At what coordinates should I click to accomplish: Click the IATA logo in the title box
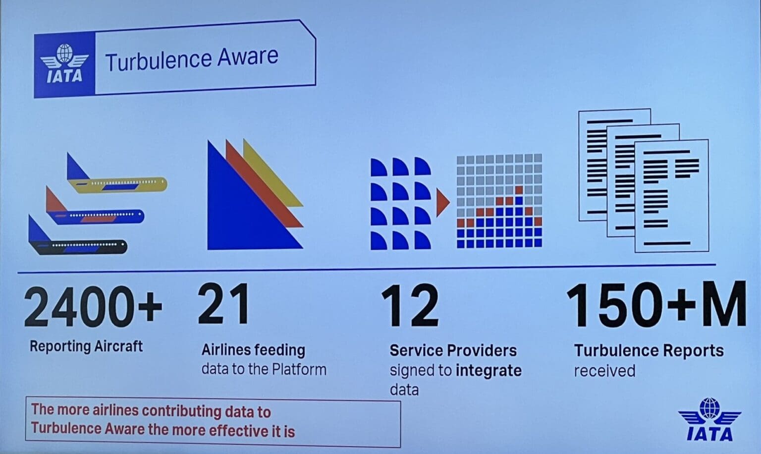point(64,64)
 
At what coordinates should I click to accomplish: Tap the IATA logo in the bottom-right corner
point(709,420)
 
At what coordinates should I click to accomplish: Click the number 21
point(223,304)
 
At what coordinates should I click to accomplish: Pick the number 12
point(410,306)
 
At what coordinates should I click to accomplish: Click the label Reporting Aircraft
point(86,346)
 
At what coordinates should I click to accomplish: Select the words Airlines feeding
point(253,350)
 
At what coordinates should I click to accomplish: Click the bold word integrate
point(489,371)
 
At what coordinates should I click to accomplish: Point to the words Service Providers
point(453,351)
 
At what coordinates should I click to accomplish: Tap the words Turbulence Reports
point(649,351)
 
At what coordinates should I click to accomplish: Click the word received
point(604,371)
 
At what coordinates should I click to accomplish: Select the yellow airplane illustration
point(119,182)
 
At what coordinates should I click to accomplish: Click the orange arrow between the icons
point(442,202)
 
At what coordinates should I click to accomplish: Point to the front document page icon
point(671,196)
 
